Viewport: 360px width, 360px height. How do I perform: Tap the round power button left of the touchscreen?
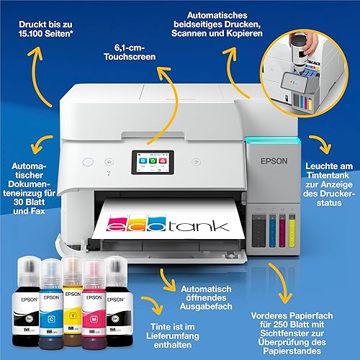88,162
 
